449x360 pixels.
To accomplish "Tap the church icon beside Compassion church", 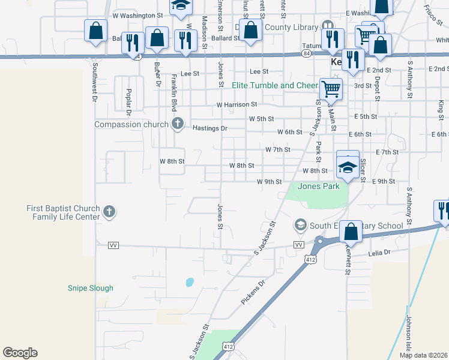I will point(177,124).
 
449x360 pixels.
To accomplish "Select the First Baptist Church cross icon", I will point(109,211).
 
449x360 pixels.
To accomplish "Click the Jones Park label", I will point(319,186).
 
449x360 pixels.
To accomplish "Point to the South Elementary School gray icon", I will point(300,226).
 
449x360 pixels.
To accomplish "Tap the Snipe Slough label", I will point(90,288).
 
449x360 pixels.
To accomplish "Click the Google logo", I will point(20,353).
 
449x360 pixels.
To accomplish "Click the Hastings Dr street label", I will point(210,128).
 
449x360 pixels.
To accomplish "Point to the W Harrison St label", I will point(237,104).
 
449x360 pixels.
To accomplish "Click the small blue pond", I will point(190,281).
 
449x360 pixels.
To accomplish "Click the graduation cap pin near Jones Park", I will point(348,167).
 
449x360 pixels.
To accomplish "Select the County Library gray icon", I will point(327,26).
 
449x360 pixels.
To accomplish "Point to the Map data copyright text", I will point(424,355).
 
